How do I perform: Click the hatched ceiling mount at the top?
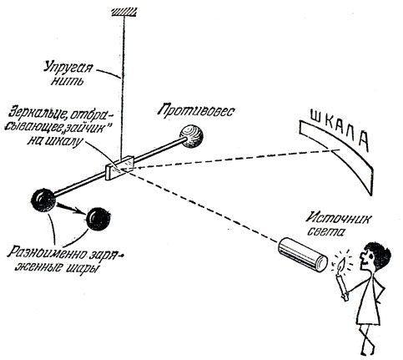tap(123, 12)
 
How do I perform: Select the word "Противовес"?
tap(196, 111)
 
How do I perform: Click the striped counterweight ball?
tap(191, 136)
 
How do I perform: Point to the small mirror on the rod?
tap(120, 169)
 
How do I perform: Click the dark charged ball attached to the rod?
tap(43, 200)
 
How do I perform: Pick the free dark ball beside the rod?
tap(98, 219)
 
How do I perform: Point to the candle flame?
tap(342, 266)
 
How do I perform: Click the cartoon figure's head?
tap(374, 256)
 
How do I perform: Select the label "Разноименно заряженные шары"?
tap(65, 260)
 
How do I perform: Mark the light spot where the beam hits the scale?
tap(336, 150)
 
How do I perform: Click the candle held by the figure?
tap(342, 286)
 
